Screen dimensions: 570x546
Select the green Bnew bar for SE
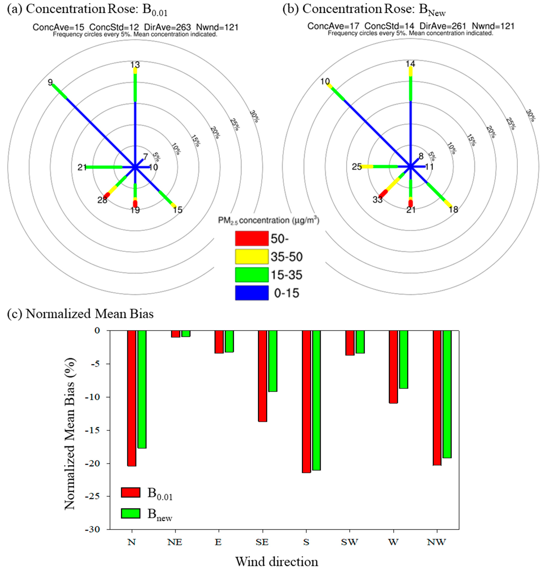(x=273, y=361)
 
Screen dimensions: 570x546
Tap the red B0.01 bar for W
(x=393, y=366)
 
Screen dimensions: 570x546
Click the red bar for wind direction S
(x=306, y=401)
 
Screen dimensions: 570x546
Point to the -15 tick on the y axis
(x=94, y=430)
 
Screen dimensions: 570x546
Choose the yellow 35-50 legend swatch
(x=252, y=256)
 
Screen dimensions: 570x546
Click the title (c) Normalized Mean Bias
(x=80, y=314)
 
